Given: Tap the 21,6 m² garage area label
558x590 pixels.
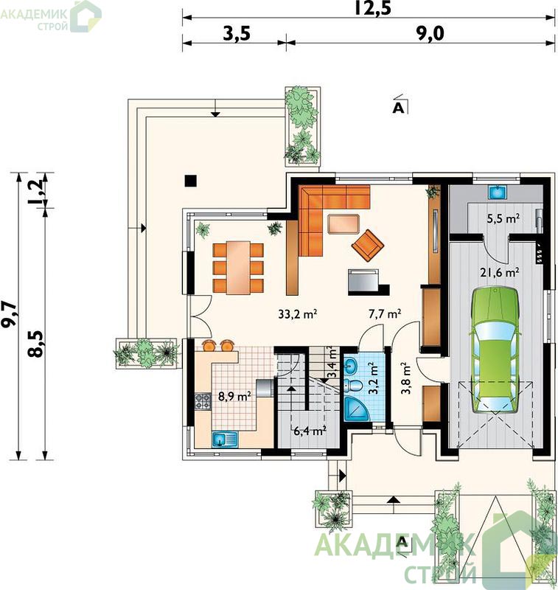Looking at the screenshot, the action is point(500,272).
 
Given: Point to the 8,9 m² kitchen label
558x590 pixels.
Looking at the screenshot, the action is point(235,396).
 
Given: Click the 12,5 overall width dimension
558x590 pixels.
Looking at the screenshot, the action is point(373,8).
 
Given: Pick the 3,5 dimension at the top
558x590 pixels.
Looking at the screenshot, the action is point(237,33).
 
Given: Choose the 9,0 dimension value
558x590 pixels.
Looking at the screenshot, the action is point(430,33).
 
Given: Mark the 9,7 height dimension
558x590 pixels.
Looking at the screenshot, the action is point(10,315).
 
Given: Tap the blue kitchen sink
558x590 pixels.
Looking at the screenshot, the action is point(225,439).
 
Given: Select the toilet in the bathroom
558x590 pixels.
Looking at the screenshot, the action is point(355,385).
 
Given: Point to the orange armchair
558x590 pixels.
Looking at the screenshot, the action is point(367,245).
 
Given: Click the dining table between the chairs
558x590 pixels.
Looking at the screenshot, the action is point(238,268).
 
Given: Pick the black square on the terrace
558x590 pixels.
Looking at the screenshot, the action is point(191,181).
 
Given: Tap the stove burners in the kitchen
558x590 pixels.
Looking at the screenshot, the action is point(203,401).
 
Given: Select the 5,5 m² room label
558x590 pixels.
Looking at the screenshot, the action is point(503,218).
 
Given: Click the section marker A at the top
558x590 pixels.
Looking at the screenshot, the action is point(399,108).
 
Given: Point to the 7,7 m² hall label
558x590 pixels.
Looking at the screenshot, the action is point(385,313).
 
